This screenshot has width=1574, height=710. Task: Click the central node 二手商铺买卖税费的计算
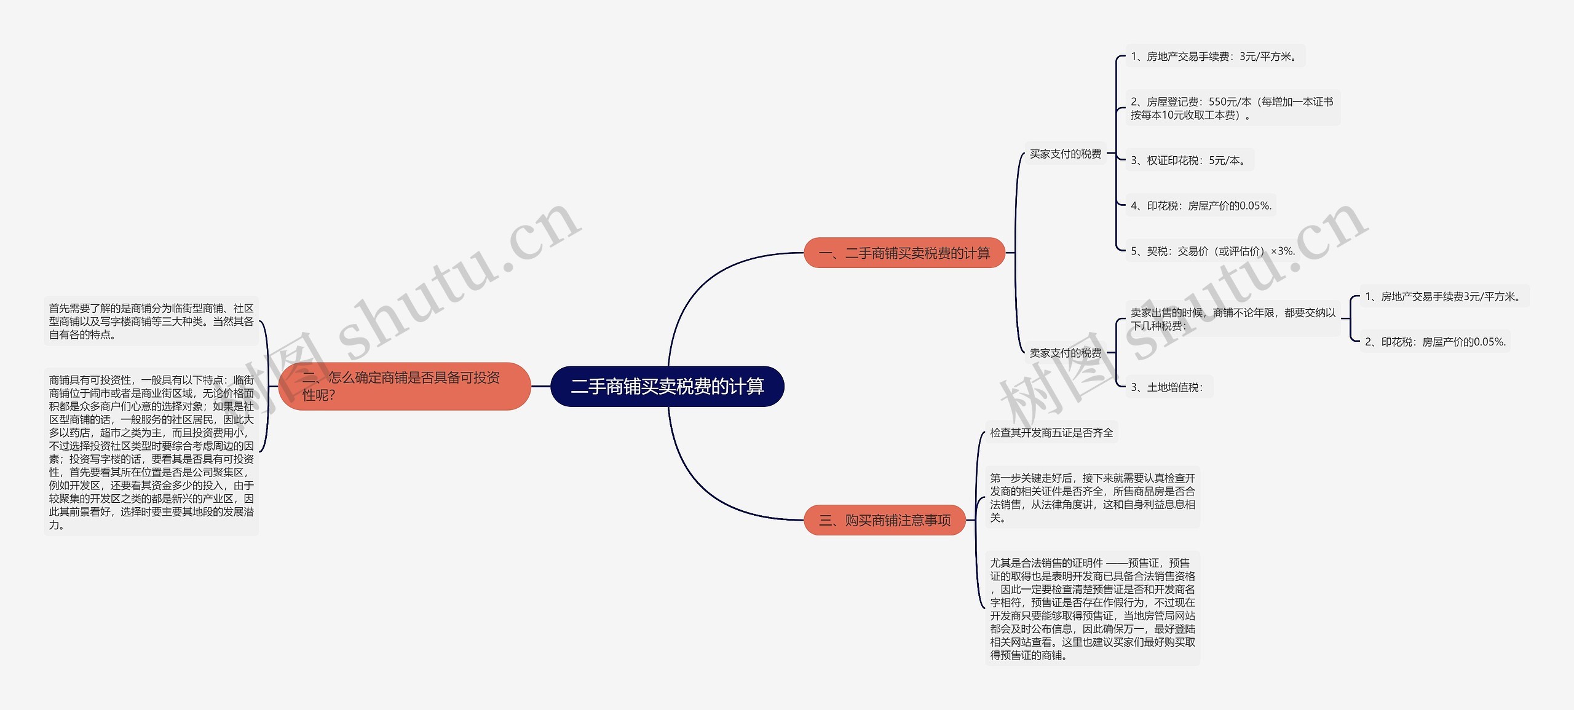pos(667,386)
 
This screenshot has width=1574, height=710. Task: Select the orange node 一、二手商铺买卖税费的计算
pos(904,253)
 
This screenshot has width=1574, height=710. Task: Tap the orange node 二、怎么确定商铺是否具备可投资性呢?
pos(405,386)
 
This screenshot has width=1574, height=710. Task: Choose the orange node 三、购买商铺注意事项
pos(885,520)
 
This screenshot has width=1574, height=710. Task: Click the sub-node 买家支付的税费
pos(1066,154)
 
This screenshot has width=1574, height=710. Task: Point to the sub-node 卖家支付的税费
pos(1066,353)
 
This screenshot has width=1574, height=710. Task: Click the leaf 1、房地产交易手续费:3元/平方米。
pos(1215,57)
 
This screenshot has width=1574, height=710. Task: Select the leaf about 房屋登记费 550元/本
pos(1233,108)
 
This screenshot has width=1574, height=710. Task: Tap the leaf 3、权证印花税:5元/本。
pos(1190,160)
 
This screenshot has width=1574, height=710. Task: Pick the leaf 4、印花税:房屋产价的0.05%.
pos(1201,206)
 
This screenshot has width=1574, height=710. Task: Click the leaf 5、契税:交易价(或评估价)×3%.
pos(1213,251)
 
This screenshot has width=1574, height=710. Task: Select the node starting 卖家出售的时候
pos(1233,319)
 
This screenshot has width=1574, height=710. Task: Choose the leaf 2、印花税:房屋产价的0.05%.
pos(1435,342)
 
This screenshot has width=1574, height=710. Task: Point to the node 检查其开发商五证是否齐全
pos(1051,433)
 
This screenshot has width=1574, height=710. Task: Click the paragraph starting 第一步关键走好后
pos(1092,497)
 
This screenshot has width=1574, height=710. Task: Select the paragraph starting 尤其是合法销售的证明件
pos(1092,609)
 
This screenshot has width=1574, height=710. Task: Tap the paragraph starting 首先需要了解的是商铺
pos(151,321)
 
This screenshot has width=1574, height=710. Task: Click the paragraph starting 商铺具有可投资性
pos(151,452)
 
